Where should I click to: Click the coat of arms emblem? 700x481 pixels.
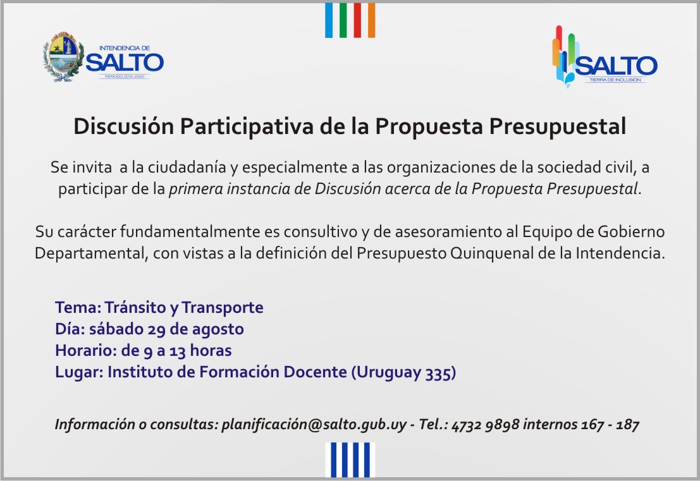(63, 57)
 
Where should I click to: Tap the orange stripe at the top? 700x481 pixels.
(371, 20)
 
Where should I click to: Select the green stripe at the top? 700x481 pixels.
(343, 20)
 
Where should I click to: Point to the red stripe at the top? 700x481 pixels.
(357, 20)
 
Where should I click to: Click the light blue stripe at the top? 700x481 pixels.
(329, 20)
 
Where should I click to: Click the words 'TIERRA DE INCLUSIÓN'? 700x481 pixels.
(615, 80)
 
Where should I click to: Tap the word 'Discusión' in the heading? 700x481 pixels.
(124, 126)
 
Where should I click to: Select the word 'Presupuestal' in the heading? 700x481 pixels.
(557, 126)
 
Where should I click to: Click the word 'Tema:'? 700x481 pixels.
(78, 307)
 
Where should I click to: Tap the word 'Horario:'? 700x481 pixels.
(86, 351)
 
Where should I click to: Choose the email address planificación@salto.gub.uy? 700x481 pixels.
(314, 424)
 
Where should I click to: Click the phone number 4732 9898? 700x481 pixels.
(485, 424)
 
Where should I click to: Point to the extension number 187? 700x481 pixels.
(627, 424)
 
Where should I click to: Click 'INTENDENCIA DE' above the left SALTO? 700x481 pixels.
(125, 48)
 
